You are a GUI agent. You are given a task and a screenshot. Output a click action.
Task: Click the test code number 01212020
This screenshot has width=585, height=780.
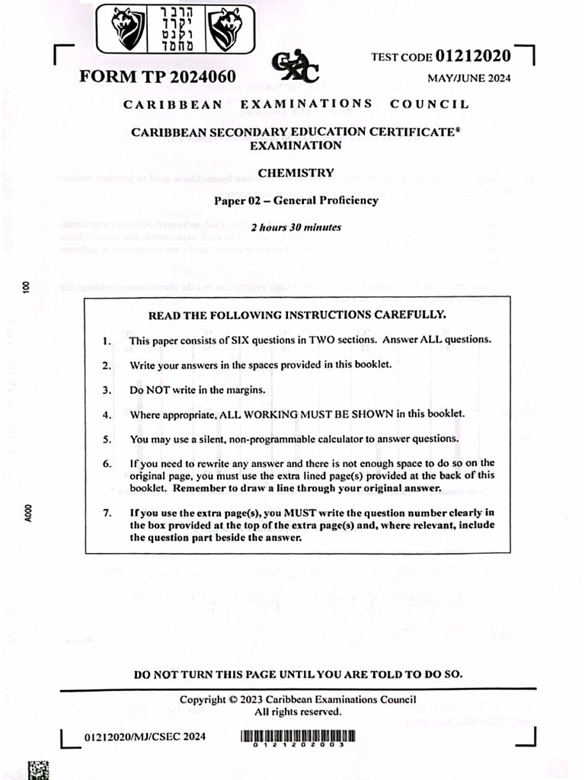point(473,56)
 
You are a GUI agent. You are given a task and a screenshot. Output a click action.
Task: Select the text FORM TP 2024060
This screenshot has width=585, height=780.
point(158,78)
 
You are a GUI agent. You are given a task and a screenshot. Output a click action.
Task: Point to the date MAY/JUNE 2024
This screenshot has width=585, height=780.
point(469,78)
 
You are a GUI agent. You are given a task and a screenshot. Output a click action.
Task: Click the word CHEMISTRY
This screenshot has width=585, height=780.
point(296,173)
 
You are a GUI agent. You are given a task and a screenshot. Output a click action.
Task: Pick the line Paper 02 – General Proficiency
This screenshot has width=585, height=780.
point(296,201)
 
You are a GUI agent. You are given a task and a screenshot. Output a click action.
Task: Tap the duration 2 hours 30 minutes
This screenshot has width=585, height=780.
point(296,227)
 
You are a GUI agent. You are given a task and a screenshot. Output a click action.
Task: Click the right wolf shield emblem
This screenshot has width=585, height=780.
point(225,28)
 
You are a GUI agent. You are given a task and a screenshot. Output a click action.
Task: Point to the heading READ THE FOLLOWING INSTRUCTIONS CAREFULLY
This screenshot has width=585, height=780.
point(296,315)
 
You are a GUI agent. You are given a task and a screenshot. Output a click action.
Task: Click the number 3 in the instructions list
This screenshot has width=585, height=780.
point(107,390)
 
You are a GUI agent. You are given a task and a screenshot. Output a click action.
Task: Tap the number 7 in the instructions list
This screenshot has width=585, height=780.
point(107,513)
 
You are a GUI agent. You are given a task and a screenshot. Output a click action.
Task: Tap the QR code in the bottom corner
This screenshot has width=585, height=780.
point(39,769)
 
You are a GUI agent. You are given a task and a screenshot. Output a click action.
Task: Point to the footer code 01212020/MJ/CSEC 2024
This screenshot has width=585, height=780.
point(145,737)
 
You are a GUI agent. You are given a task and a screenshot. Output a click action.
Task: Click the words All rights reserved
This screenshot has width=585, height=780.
point(298,711)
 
